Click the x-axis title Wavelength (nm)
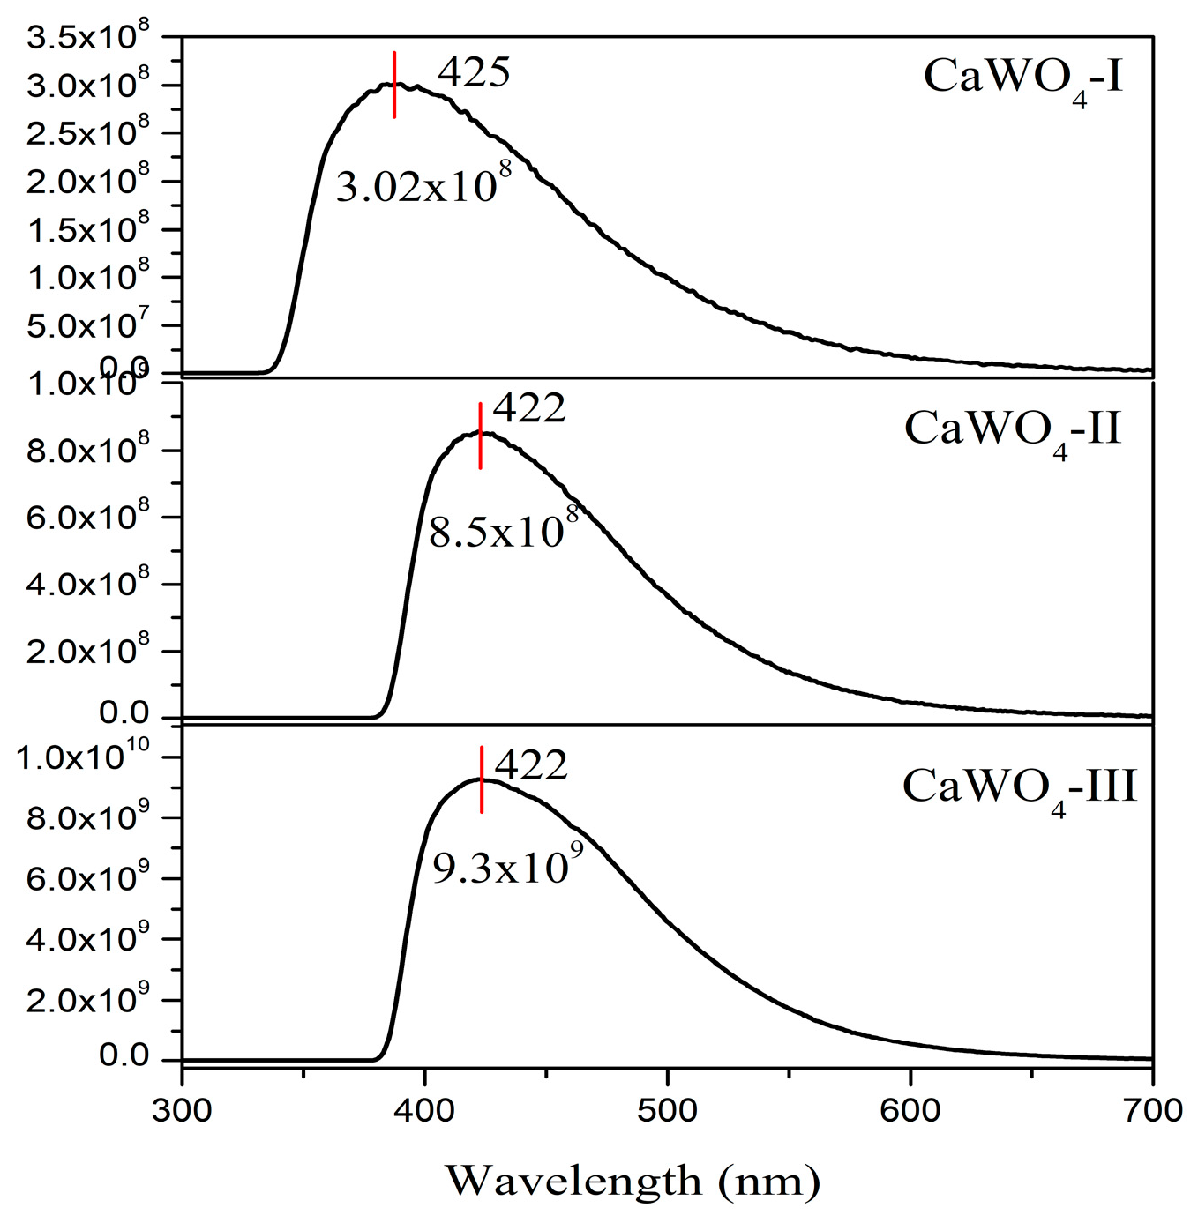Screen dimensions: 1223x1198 pos(632,1181)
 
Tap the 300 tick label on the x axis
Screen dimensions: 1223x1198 pos(182,1110)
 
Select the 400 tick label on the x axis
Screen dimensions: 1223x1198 pos(425,1110)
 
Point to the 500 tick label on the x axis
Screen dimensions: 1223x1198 pos(668,1110)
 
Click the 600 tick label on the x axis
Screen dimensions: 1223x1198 pos(910,1110)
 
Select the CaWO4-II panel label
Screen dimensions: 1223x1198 pos(1013,431)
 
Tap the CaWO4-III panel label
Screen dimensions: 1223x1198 pos(1019,787)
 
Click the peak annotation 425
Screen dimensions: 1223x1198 pos(474,73)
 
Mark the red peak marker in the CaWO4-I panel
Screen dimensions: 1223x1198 pos(394,85)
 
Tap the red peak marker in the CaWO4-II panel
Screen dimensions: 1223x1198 pos(480,436)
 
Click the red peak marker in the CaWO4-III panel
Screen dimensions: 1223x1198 pos(482,779)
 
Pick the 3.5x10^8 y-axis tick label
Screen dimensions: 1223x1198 pos(87,39)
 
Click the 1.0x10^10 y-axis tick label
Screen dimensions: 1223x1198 pos(83,757)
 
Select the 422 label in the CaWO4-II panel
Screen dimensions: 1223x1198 pos(529,408)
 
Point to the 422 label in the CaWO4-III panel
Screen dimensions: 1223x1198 pos(531,765)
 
